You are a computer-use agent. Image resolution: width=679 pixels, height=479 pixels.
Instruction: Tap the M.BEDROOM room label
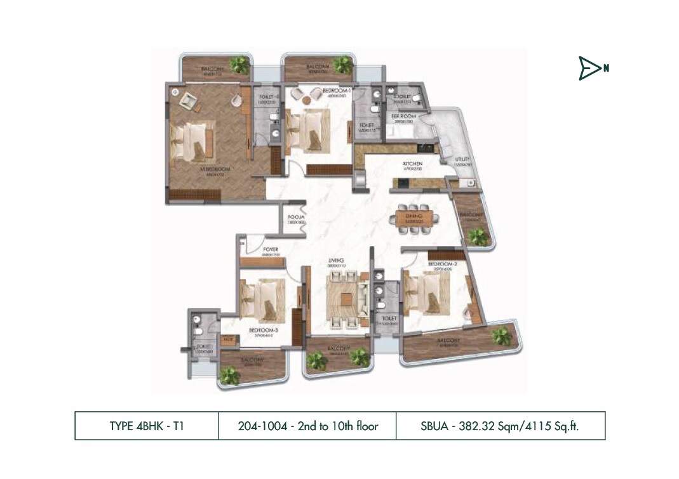214,169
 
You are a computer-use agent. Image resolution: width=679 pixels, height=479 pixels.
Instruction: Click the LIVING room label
335,259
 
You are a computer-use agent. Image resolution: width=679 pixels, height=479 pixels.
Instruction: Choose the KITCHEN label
412,164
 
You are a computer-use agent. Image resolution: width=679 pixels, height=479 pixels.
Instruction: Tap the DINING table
414,218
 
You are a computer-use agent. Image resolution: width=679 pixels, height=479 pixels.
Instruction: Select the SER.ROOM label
403,117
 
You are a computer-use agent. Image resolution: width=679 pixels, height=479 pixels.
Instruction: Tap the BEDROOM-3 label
261,331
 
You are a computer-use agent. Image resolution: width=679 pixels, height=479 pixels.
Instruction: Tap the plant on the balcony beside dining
476,237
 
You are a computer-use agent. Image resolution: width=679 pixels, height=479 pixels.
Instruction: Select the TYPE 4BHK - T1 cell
147,426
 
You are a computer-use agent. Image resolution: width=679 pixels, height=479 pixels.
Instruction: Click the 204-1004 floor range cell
307,426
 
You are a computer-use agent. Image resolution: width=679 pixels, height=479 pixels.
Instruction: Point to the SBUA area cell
501,426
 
